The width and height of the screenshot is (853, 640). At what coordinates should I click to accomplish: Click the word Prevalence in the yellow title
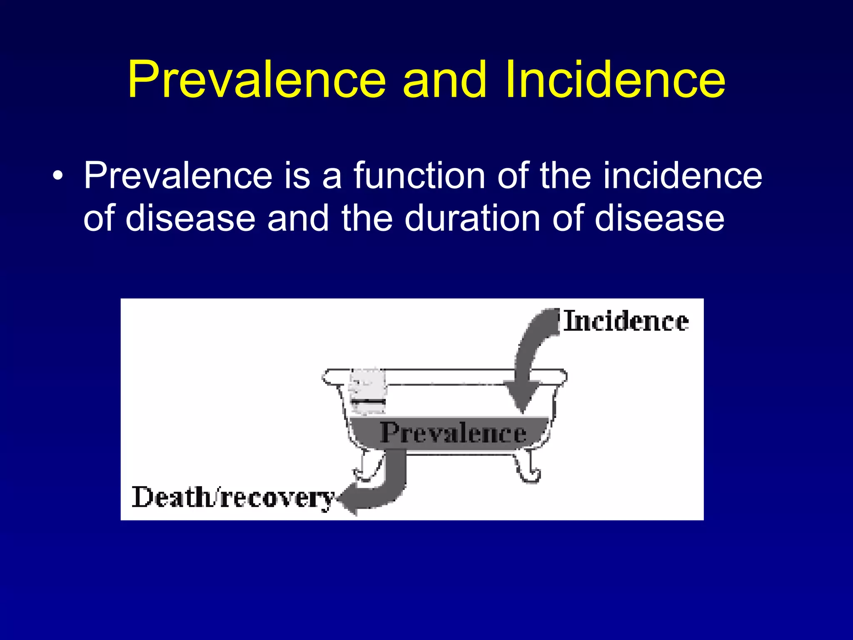click(257, 80)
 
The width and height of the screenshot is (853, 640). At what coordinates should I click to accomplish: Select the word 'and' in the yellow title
click(445, 80)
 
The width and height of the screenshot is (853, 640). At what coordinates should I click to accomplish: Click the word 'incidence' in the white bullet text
click(683, 176)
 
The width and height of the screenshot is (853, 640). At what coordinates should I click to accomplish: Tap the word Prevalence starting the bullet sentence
click(178, 176)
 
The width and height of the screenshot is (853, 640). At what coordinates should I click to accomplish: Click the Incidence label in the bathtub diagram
click(626, 322)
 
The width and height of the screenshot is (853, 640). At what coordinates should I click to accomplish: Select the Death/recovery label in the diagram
click(233, 497)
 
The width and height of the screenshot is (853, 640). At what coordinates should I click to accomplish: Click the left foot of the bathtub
click(368, 467)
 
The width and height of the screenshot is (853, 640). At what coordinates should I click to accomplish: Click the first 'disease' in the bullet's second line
click(190, 218)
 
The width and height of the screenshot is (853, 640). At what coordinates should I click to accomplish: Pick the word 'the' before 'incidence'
click(565, 176)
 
